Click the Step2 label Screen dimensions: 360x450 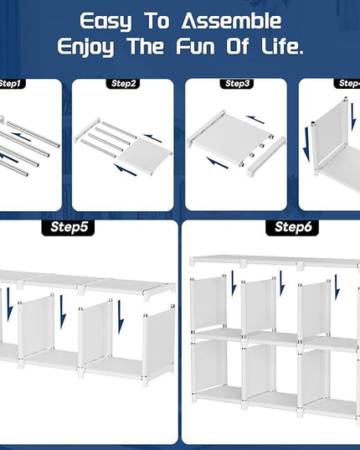[x=123, y=84]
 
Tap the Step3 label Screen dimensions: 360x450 [x=237, y=84]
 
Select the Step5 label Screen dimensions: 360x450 [x=68, y=228]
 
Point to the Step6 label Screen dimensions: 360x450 [x=292, y=228]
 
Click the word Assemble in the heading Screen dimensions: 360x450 [x=232, y=21]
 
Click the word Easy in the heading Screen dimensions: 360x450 [x=105, y=22]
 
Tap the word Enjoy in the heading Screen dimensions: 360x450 [x=85, y=47]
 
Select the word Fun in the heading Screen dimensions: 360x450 [x=195, y=46]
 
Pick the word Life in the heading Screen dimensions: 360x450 [x=282, y=46]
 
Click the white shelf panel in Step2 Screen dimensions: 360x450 [x=145, y=155]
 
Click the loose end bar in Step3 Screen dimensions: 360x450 [x=266, y=157]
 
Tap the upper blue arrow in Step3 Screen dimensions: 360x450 [x=255, y=119]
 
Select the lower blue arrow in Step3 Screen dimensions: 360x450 [x=217, y=163]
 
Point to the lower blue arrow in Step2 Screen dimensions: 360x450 [x=126, y=169]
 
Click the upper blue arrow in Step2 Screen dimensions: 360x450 [x=152, y=138]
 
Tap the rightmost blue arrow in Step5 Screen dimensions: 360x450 [x=121, y=317]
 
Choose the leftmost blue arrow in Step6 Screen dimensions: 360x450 [x=234, y=283]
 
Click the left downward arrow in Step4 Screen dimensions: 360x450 [x=307, y=145]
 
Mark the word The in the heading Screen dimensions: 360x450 [x=146, y=46]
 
